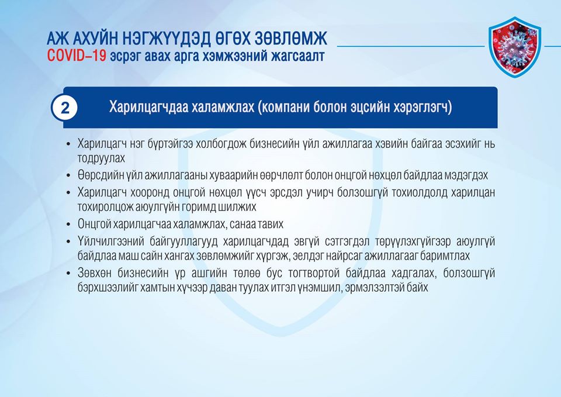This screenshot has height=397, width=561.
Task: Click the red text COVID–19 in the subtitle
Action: pos(77,56)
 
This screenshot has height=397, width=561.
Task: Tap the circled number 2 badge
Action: pos(65,108)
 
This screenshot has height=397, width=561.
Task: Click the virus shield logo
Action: pos(515,47)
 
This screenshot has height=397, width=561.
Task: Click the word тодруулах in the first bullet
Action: pos(101,158)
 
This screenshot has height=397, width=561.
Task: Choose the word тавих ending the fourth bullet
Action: pos(271,225)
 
